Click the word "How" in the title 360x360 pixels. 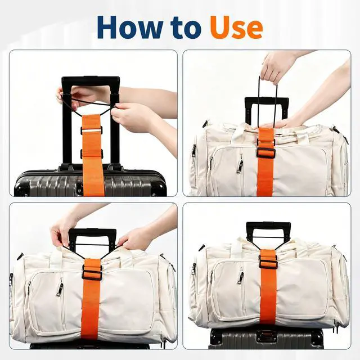coord(129,27)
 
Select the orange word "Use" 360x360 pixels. coord(236,27)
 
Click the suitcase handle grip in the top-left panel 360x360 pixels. coord(91,81)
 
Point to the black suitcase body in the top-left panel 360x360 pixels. coord(90,182)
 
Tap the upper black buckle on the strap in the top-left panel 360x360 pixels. coord(92,130)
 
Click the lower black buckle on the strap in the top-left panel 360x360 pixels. coord(92,154)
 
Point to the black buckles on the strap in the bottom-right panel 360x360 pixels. coord(268,261)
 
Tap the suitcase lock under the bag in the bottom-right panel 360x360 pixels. coord(267,336)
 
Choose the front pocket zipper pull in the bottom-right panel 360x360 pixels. coord(240,277)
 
